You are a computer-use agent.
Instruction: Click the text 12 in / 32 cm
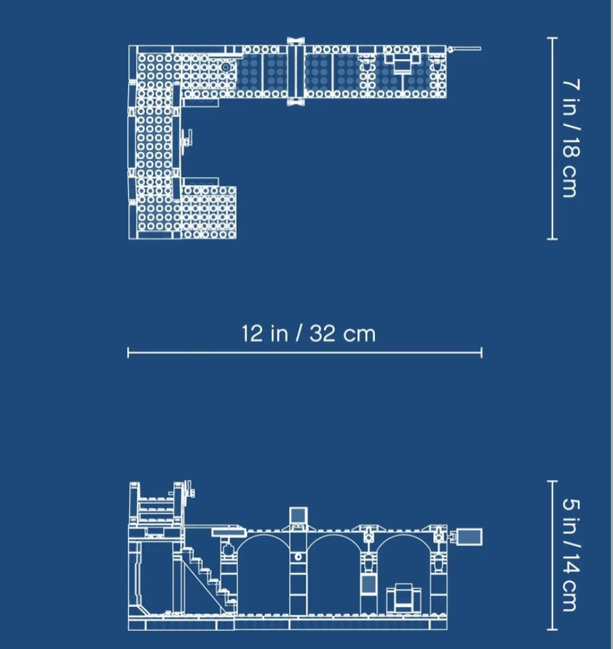point(309,334)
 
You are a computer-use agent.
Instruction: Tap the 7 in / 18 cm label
point(571,138)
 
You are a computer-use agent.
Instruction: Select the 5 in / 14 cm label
point(571,554)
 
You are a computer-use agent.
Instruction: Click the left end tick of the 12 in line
point(128,353)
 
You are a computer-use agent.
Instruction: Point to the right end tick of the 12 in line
point(481,353)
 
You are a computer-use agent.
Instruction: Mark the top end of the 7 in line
point(552,38)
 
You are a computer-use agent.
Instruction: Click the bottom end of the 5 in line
point(552,630)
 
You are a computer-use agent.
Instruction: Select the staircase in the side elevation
point(207,580)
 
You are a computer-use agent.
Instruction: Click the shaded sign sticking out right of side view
point(470,537)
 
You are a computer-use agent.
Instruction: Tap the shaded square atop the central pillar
point(298,515)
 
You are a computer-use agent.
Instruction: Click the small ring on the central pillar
point(298,557)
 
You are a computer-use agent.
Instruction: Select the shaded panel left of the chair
point(368,585)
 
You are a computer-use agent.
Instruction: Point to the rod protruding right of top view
point(464,49)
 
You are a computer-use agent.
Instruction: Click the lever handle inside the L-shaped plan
point(187,138)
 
